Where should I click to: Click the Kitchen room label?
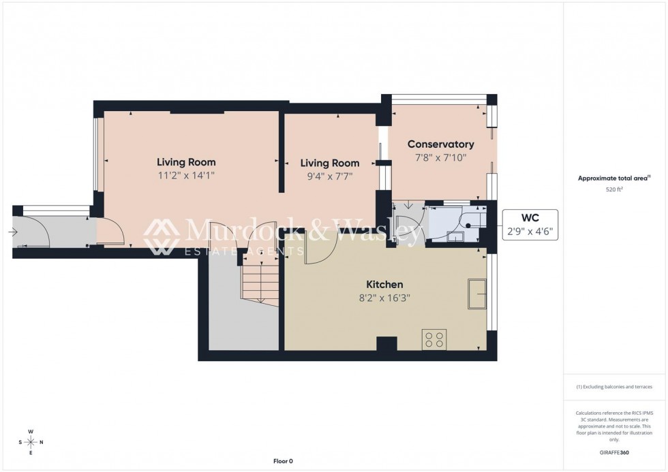384,285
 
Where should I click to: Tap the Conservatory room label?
440,144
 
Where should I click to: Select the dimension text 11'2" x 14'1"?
186,176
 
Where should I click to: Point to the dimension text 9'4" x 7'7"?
330,176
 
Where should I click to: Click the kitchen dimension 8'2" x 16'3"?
384,298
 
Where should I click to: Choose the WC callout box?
530,225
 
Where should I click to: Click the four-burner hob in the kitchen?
434,339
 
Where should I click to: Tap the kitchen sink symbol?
476,294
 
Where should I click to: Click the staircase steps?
259,283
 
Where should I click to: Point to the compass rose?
31,442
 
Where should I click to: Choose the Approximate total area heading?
614,178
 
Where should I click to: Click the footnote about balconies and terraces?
614,387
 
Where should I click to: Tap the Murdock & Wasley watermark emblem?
162,236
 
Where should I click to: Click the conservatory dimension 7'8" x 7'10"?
440,157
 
